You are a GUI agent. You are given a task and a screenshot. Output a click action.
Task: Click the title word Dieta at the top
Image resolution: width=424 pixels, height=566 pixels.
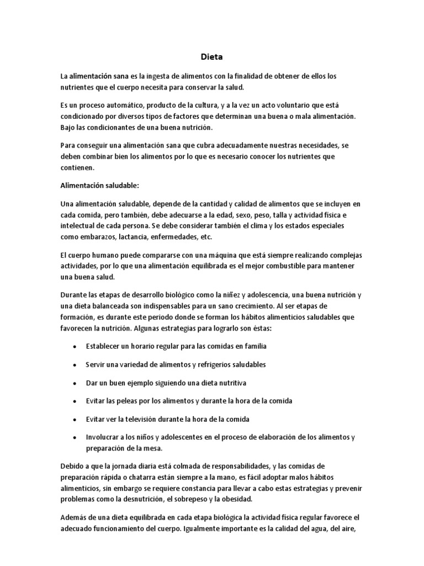[212, 56]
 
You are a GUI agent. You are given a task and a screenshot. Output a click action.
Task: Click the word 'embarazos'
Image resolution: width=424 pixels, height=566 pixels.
[92, 237]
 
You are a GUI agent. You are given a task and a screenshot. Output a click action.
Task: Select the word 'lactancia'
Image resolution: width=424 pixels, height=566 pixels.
[131, 237]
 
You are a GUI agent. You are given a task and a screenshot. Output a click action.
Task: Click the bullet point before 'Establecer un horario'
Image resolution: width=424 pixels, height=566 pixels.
[75, 347]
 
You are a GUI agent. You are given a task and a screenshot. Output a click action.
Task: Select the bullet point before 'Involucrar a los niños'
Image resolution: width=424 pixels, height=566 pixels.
[75, 437]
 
